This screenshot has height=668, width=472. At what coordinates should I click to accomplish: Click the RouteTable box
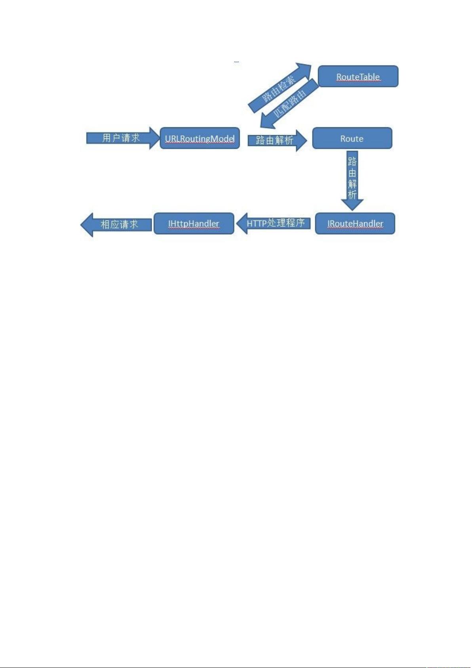click(x=358, y=77)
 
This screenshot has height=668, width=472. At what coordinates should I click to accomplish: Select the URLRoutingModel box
click(x=200, y=138)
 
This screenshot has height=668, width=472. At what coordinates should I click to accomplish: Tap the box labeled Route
click(x=352, y=138)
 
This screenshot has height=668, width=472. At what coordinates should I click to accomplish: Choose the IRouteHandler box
click(x=355, y=223)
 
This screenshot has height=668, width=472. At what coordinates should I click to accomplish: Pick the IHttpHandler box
click(x=194, y=223)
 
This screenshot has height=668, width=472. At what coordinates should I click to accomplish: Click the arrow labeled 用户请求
click(x=123, y=138)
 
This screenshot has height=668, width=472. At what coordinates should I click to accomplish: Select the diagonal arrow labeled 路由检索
click(x=279, y=88)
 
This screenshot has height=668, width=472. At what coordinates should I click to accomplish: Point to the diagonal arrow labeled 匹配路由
click(x=289, y=104)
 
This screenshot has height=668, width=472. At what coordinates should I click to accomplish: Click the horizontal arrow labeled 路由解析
click(x=277, y=140)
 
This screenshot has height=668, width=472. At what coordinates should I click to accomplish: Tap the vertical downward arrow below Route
click(x=352, y=181)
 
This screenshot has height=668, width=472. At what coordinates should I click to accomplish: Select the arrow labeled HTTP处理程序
click(x=273, y=223)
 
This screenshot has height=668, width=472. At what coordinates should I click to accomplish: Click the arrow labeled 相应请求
click(x=116, y=225)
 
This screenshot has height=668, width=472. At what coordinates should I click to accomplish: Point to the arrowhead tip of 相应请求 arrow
click(x=81, y=225)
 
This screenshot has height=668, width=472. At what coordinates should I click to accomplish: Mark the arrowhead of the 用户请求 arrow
click(x=154, y=138)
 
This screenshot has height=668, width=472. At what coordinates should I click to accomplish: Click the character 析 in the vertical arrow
click(x=352, y=195)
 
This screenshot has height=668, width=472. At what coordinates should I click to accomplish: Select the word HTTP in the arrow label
click(x=257, y=223)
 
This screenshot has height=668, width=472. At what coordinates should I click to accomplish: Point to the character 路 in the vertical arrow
click(x=352, y=161)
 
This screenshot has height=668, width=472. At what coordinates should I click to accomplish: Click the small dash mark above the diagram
click(x=237, y=62)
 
